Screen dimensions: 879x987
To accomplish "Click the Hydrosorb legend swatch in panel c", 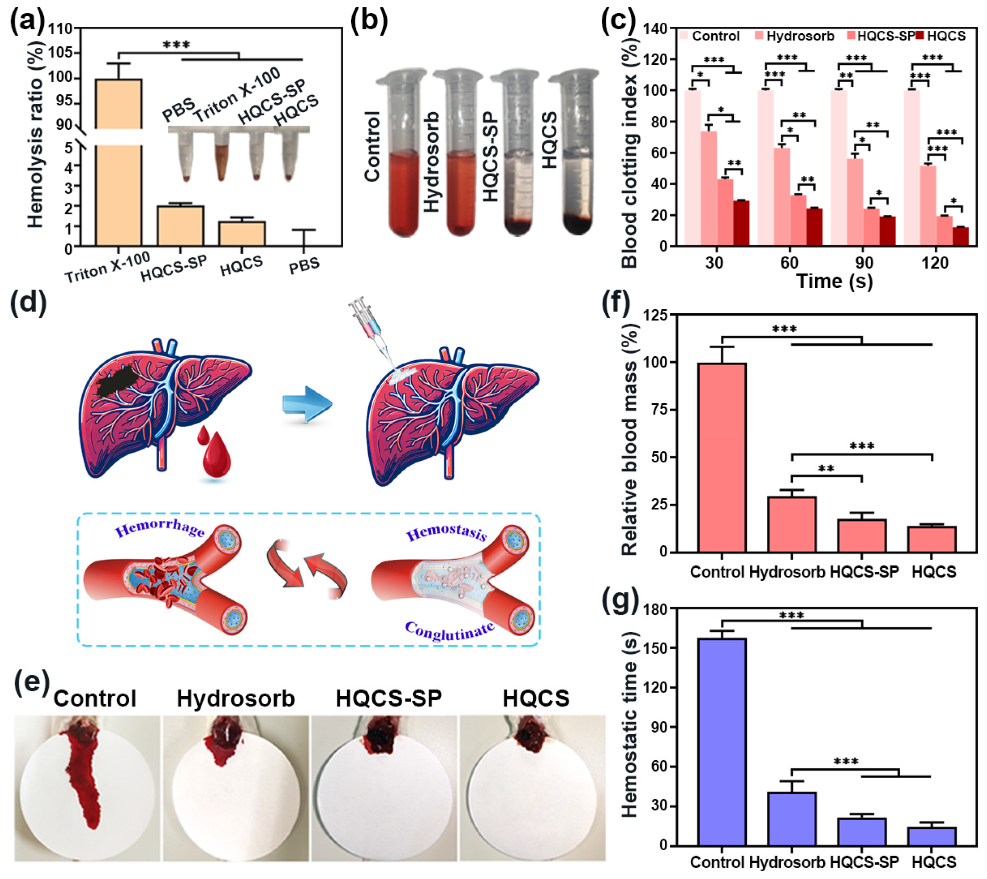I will (x=758, y=36).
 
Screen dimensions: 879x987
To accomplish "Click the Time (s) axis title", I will (x=834, y=282).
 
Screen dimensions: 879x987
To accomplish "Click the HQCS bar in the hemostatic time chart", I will (x=932, y=836).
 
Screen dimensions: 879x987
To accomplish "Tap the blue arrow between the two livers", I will (x=307, y=404).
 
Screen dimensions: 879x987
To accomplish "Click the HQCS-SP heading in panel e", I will (x=388, y=698).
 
